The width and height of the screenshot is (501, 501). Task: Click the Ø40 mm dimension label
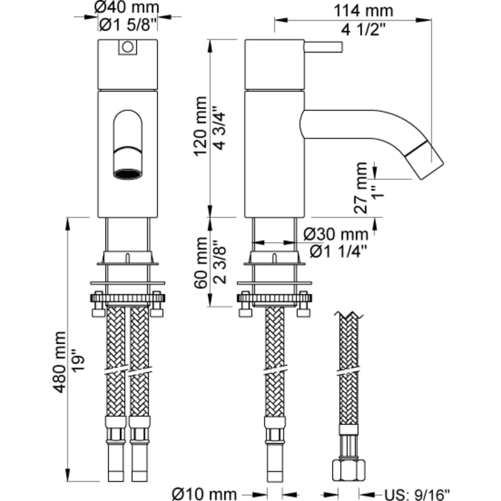pos(128,8)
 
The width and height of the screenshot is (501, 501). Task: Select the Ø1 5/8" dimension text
pos(128,25)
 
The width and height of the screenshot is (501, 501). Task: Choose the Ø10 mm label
pos(205,493)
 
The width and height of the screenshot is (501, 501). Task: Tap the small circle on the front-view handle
pos(127,47)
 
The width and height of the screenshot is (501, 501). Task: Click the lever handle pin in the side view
pos(324,47)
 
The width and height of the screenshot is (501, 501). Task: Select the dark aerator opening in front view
pos(128,173)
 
